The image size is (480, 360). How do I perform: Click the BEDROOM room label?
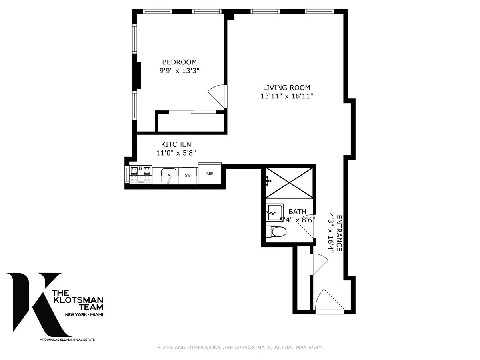(x=179, y=62)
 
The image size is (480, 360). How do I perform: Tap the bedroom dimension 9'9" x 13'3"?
(x=179, y=71)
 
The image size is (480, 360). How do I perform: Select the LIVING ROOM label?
(x=286, y=88)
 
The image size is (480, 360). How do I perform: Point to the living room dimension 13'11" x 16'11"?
(x=286, y=96)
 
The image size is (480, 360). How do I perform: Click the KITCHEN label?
(x=176, y=144)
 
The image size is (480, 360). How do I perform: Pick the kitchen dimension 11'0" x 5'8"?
(x=176, y=152)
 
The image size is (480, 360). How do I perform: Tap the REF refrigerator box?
(x=210, y=174)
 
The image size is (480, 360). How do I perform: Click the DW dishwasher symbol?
(x=187, y=176)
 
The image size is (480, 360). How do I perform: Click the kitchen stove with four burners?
(x=140, y=175)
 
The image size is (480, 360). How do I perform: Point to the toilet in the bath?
(x=277, y=231)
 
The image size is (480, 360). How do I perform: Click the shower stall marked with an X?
(x=290, y=182)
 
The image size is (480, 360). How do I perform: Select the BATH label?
(x=297, y=212)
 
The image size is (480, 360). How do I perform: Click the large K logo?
(x=38, y=304)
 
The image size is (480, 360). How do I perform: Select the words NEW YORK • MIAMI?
(x=84, y=315)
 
